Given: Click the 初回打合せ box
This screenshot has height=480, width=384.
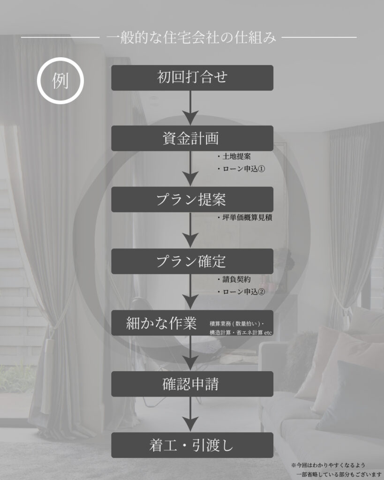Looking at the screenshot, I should [x=192, y=77].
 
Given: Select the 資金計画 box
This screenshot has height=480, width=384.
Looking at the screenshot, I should [x=192, y=138].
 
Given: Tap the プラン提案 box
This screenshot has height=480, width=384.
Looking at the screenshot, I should [x=192, y=199].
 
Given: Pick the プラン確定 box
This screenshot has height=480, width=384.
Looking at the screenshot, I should [x=192, y=261].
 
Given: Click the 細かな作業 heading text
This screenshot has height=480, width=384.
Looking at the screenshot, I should [x=161, y=323].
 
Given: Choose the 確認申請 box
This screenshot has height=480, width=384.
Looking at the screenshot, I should [x=192, y=384].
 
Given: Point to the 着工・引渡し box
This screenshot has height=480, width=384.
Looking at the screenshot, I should [x=192, y=445].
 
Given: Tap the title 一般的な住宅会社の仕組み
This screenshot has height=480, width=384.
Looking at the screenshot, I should [x=191, y=37].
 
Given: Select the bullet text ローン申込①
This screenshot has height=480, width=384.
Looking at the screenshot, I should [x=241, y=169].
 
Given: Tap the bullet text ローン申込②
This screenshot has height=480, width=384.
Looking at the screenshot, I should [x=241, y=292].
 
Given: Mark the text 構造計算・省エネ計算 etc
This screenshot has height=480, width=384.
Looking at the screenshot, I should [x=241, y=332].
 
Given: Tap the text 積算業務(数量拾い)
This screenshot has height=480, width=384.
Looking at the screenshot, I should [x=236, y=323].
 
